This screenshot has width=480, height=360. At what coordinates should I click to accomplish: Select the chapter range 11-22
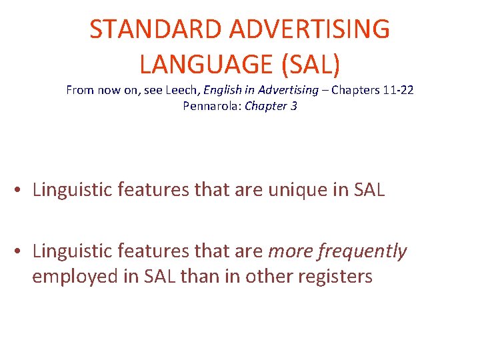point(399,90)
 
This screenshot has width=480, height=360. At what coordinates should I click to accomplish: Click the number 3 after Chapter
point(294,106)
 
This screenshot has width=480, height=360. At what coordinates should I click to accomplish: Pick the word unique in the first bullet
point(297,189)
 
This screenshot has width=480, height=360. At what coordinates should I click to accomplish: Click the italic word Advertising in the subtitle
point(287,90)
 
